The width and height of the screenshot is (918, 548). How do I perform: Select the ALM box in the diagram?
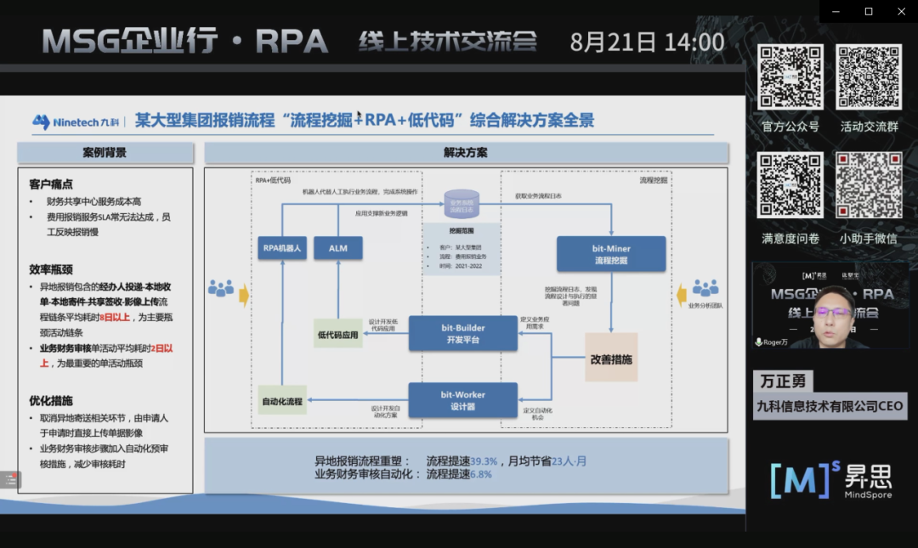point(337,248)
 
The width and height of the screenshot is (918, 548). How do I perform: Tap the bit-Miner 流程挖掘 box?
point(611,254)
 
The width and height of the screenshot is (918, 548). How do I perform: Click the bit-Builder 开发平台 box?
point(462,333)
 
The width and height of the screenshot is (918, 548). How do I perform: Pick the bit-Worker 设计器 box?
point(462,399)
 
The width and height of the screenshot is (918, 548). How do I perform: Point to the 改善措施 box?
point(610,359)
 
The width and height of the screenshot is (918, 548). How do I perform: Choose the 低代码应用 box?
point(337,335)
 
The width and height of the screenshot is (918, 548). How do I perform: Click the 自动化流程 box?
point(282,401)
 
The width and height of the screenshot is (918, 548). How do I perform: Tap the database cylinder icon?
point(462,204)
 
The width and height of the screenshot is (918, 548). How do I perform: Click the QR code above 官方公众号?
point(790,77)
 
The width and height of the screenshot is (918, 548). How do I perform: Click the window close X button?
point(901,11)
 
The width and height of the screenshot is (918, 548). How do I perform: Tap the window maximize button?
point(868,11)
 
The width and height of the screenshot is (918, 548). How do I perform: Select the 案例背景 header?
point(105,153)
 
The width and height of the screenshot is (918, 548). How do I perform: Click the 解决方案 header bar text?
point(466,153)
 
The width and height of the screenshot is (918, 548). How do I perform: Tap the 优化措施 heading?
point(50,400)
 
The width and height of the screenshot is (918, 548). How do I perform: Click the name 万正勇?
point(781,381)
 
